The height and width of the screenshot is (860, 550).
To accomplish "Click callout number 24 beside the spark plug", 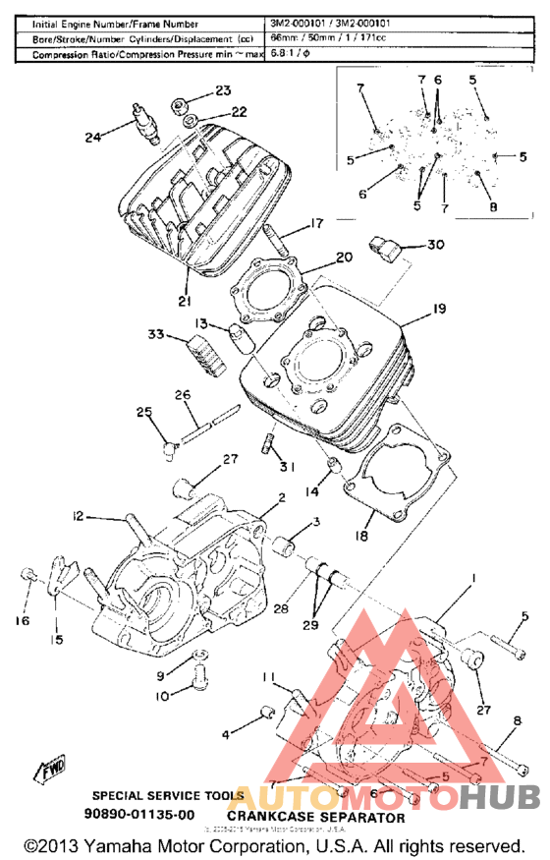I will pos(92,138).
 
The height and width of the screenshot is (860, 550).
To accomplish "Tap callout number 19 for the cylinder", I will pos(439,308).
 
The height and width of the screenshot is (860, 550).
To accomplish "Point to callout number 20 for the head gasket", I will pos(343,258).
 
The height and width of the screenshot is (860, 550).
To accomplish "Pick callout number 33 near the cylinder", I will pos(156,335).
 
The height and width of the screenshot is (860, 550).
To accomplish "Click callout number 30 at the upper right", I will pos(435,244).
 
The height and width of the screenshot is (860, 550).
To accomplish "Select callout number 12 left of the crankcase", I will pos(77,515).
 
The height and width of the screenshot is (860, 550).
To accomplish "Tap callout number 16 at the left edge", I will pos(22,620).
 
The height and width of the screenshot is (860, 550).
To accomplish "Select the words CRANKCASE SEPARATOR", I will pos(315,817).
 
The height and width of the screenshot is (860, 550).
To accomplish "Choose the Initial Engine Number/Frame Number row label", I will pos(115,23).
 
